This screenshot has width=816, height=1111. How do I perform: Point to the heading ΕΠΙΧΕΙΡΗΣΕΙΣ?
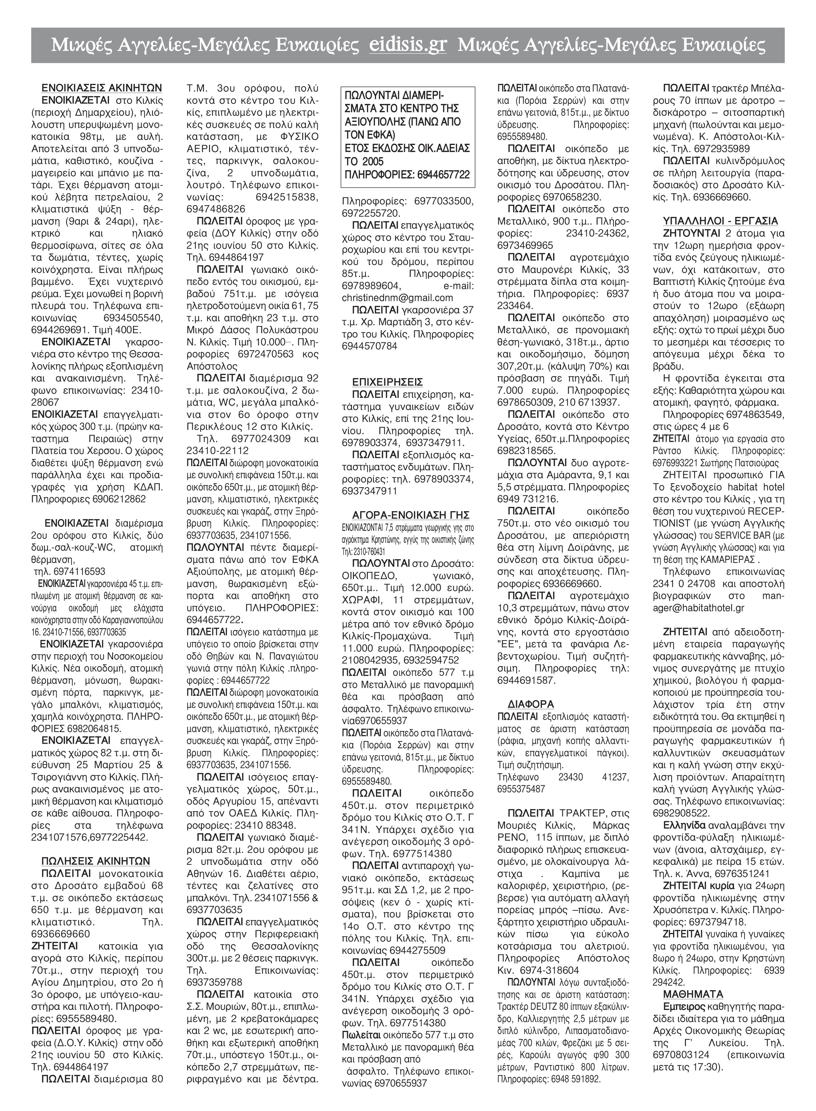click(x=388, y=382)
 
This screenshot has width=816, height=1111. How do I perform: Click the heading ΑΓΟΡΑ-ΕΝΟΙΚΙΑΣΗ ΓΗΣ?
click(x=411, y=515)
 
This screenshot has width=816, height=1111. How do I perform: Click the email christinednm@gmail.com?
click(x=398, y=298)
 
